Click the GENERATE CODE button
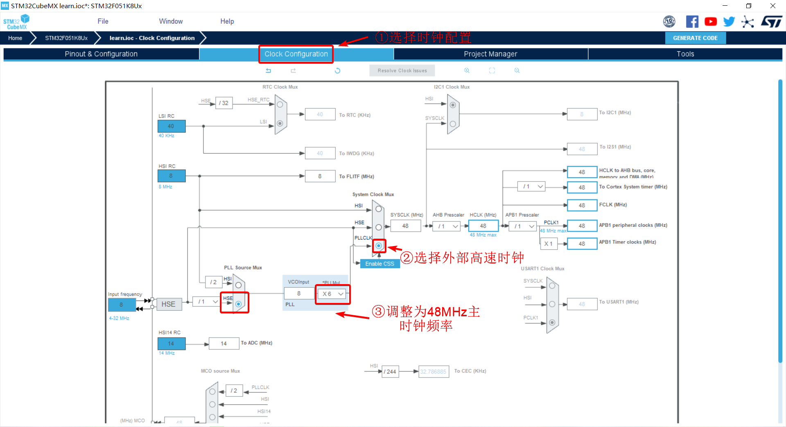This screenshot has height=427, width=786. click(695, 38)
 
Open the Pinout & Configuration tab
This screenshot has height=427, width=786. click(101, 54)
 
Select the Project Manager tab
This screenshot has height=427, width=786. click(490, 54)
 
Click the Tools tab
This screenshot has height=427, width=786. click(685, 54)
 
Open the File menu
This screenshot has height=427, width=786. click(103, 21)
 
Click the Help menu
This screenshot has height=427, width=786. click(227, 21)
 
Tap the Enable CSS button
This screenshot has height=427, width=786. click(379, 264)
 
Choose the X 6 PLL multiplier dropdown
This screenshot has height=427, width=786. click(332, 294)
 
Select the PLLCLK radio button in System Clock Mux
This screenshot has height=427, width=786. click(379, 246)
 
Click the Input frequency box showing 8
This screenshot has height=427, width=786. click(121, 305)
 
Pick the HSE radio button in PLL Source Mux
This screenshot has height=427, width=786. click(238, 304)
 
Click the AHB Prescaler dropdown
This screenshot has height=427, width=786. click(447, 226)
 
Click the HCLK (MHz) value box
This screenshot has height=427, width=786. click(483, 226)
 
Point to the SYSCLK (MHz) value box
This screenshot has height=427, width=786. click(405, 226)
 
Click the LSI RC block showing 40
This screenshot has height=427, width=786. click(171, 126)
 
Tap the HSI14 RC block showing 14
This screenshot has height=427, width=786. click(171, 343)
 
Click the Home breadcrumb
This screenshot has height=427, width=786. click(15, 38)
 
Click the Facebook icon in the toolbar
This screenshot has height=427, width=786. click(692, 22)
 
